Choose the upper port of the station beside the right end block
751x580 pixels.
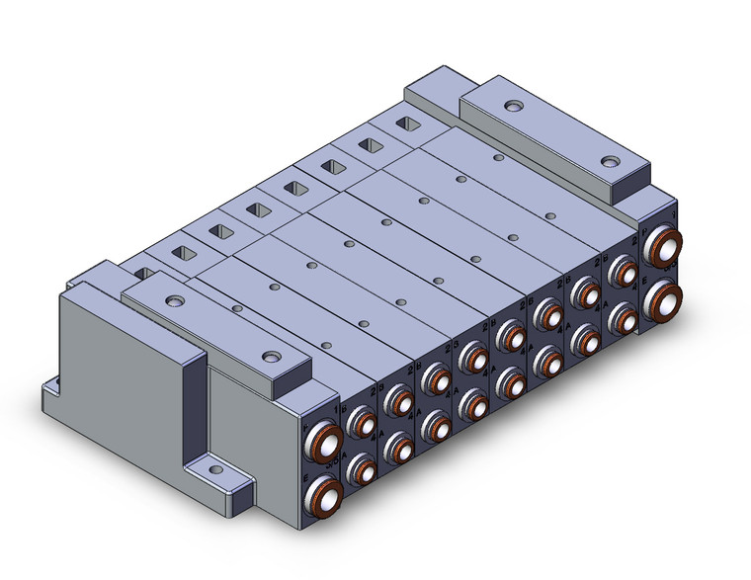coord(622,271)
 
